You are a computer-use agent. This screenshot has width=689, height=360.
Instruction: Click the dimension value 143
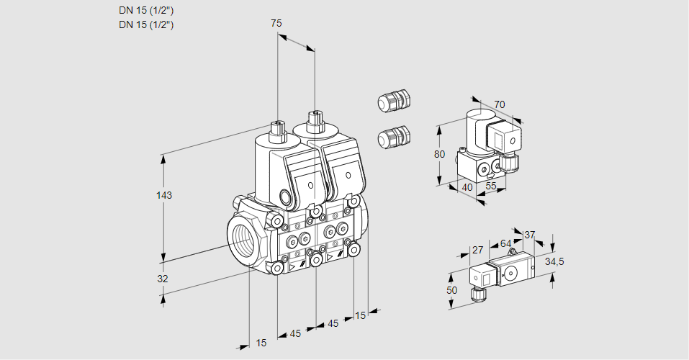(x=166, y=196)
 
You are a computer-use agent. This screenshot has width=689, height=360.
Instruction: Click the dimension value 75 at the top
(x=276, y=23)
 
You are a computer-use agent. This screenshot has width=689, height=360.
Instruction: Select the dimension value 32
(x=163, y=279)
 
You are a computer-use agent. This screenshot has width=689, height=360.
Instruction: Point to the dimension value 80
(x=440, y=154)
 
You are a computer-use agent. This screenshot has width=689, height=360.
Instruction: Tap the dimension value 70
(x=500, y=104)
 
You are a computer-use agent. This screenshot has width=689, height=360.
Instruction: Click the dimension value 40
(x=467, y=187)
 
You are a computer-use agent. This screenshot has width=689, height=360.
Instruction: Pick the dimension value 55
(x=492, y=186)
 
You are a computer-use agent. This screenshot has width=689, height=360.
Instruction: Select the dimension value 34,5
(x=554, y=261)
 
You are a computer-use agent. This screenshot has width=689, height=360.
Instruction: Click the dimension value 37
(x=530, y=235)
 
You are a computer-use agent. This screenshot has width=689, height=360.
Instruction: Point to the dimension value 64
(x=505, y=243)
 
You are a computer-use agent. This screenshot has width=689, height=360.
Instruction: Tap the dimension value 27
(x=477, y=250)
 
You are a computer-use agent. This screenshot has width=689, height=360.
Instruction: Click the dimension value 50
(x=451, y=290)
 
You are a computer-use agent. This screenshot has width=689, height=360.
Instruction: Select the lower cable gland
(x=394, y=136)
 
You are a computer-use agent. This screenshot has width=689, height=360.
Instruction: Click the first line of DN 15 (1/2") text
(x=147, y=10)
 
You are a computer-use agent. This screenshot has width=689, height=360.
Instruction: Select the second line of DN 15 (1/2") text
(x=147, y=24)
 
